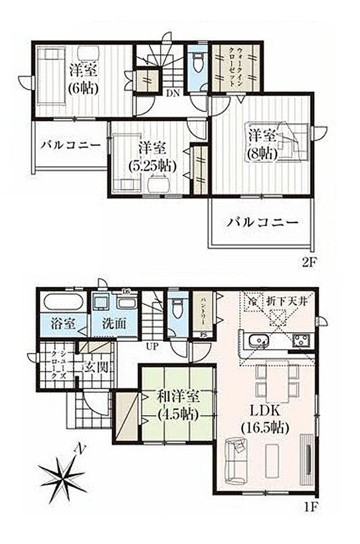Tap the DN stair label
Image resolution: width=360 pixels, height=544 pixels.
172,92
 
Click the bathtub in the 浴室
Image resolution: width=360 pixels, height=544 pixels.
62,303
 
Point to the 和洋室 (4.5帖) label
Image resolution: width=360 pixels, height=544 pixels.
177,406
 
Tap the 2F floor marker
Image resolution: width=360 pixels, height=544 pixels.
308,261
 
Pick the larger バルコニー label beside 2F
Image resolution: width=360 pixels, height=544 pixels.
262,222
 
